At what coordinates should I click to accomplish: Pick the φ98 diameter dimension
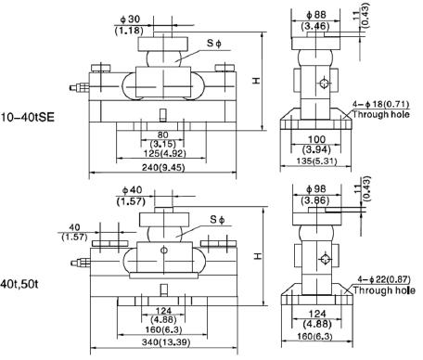(x=317, y=189)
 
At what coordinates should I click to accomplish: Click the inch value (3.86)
(x=317, y=200)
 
